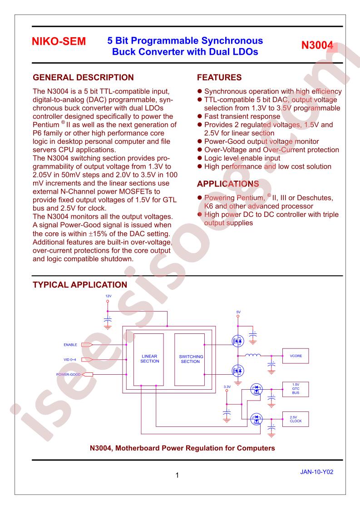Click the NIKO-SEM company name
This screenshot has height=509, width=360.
pos(59,42)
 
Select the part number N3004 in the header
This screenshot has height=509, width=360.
pos(317,45)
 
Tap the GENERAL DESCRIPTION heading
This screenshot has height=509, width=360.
pos(83,78)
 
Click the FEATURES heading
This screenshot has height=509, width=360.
pos(219,78)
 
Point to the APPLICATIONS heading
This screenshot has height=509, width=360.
pos(228,184)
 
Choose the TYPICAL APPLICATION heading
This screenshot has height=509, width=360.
pos(80,285)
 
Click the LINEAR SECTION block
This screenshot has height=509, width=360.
pos(148,359)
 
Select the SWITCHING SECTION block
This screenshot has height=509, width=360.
pos(189,359)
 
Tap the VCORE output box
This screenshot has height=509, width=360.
pos(296,356)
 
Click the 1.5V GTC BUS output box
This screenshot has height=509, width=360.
pos(296,389)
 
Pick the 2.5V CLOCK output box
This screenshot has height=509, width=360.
pos(296,419)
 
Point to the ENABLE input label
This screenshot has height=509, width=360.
pos(70,345)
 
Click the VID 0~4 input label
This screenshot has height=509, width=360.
pos(70,360)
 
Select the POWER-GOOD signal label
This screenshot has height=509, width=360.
pos(68,375)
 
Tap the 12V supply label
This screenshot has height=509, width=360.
pos(108,296)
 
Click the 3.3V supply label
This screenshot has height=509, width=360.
pos(227,387)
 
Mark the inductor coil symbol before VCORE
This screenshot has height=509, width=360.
pos(253,355)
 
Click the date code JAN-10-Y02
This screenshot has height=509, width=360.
pos(317,472)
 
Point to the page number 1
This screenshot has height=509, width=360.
pos(177,475)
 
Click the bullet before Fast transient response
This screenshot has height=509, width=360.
pos(200,116)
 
